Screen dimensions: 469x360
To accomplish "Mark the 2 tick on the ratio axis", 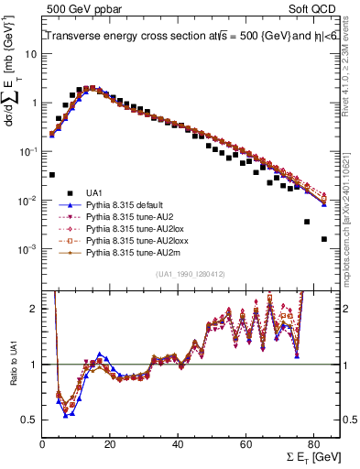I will pos(35,309).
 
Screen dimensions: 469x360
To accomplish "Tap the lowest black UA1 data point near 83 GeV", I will pos(324,239).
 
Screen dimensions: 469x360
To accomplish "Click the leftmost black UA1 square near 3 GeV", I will pos(52,174).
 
